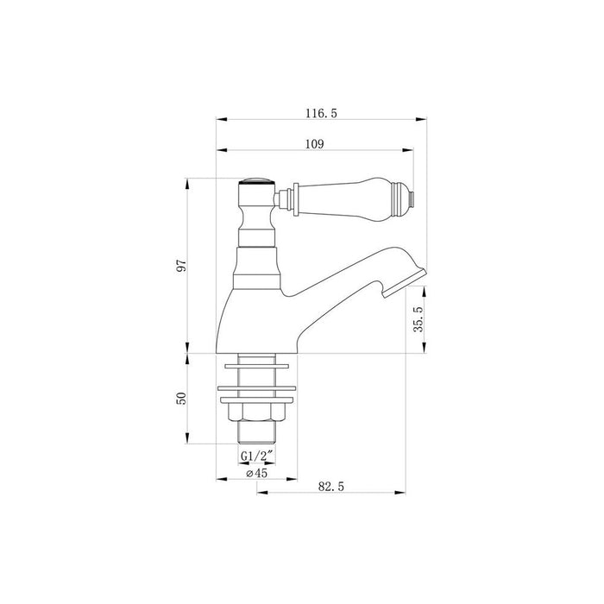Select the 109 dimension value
pos(314,145)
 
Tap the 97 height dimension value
pos(181,266)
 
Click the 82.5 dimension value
pos(332,488)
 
